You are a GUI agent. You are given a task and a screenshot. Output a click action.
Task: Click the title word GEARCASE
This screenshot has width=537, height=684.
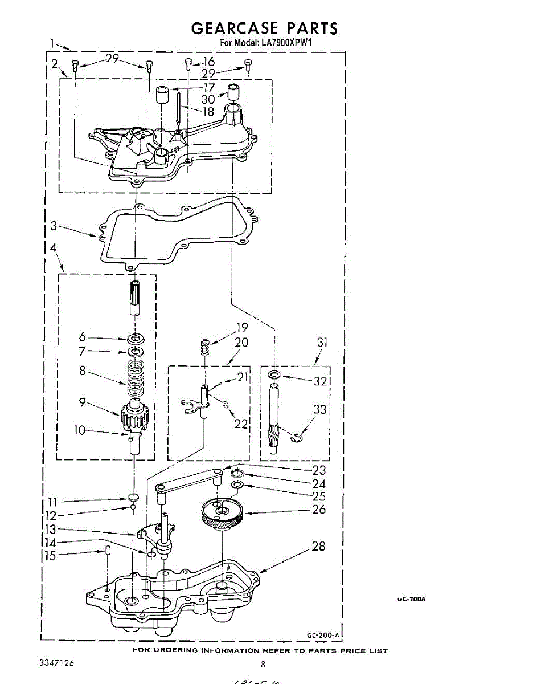[x=234, y=28]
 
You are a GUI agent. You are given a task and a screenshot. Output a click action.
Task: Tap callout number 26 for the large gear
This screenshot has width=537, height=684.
[x=319, y=509]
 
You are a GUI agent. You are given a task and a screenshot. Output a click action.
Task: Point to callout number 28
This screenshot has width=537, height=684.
[x=319, y=546]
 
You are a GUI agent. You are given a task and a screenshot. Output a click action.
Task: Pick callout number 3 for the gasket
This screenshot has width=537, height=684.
[x=54, y=226]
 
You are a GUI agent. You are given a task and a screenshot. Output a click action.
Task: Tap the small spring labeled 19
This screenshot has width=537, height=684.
[x=204, y=346]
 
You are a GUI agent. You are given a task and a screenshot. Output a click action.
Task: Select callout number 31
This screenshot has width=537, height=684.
[x=322, y=343]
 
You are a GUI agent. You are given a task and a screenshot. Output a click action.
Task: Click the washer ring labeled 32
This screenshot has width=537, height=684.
[x=274, y=375]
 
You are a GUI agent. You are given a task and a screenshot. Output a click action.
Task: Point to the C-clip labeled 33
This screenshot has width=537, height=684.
[x=296, y=438]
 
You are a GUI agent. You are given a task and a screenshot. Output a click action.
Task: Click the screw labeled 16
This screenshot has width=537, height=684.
[x=188, y=63]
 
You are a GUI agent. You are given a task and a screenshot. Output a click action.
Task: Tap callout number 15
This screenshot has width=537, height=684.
[x=51, y=556]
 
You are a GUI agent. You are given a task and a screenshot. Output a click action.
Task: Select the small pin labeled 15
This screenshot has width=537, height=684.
[x=107, y=552]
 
